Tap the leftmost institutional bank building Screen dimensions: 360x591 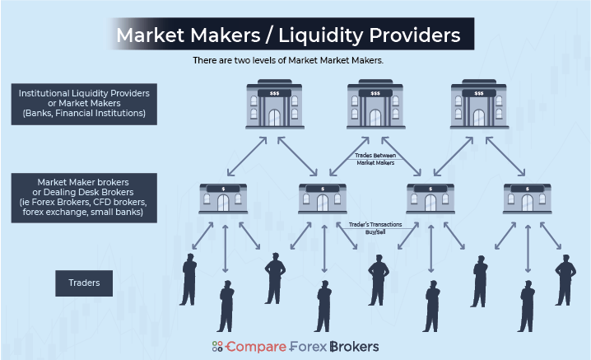click(x=274, y=105)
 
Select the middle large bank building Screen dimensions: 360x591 click(x=375, y=105)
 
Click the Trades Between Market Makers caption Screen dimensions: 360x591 click(x=375, y=159)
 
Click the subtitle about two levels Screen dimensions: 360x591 click(x=294, y=61)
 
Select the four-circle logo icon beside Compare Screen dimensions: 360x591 click(x=217, y=347)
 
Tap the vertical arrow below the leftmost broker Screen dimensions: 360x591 click(x=223, y=251)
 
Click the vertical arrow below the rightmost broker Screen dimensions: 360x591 click(x=528, y=251)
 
